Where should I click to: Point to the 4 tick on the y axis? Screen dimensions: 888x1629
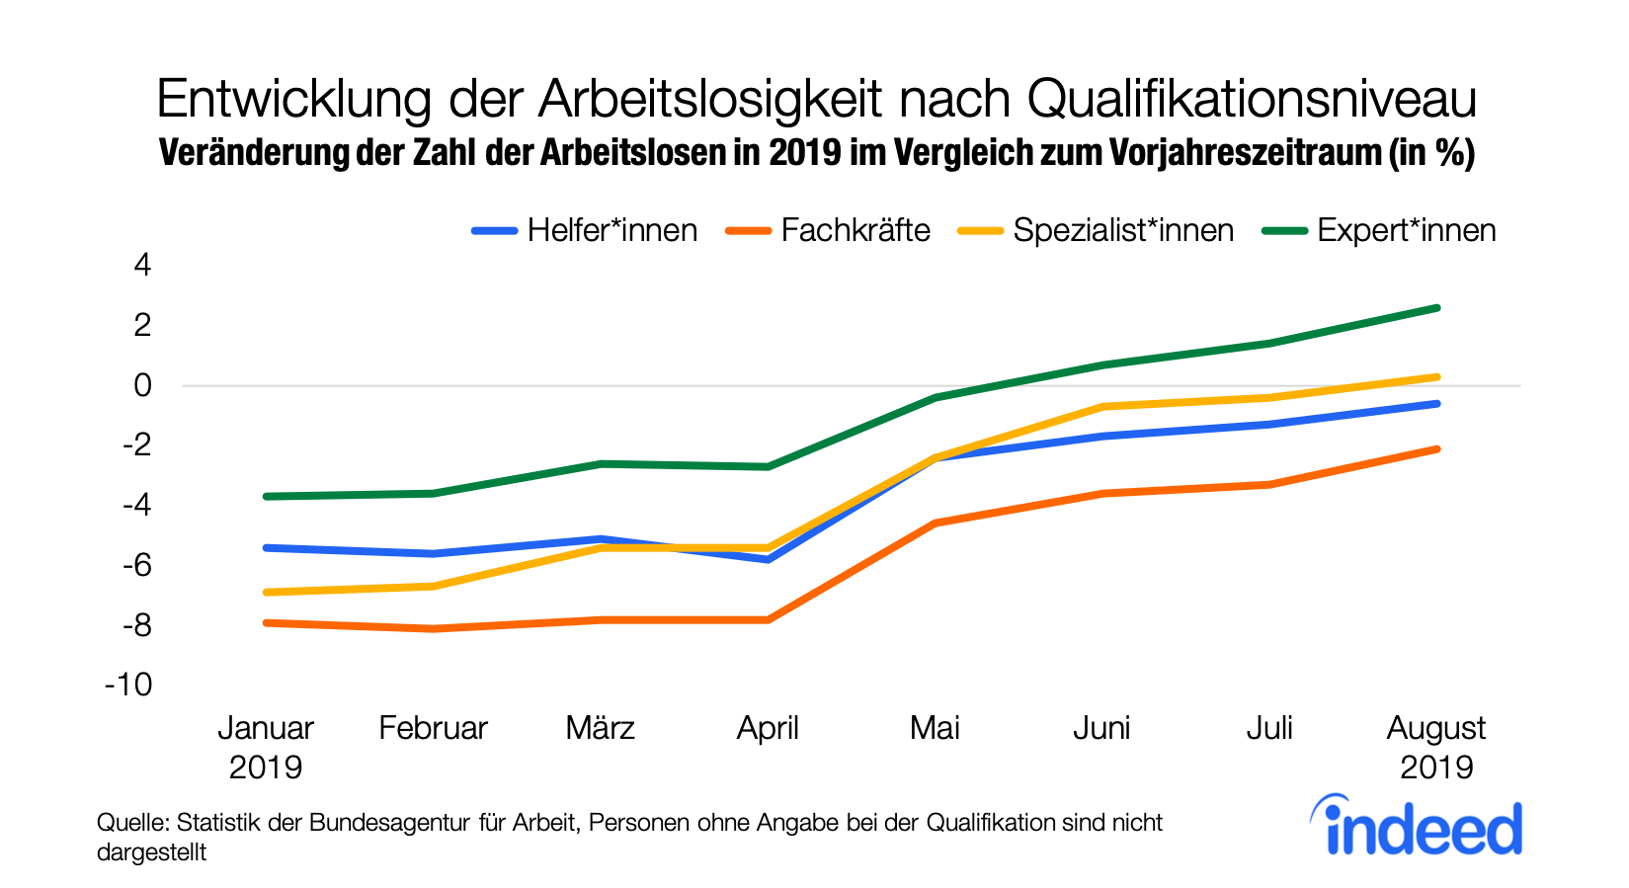point(143,265)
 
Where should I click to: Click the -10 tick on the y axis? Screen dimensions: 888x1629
point(129,685)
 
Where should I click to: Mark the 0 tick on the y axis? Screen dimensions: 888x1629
point(143,385)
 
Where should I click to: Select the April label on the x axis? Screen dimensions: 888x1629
point(768,728)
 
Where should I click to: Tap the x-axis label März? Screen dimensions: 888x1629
point(600,728)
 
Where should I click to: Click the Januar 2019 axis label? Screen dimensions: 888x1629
point(265,747)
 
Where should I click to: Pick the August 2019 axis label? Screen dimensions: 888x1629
point(1435,747)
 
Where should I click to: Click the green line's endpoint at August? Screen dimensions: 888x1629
point(1436,308)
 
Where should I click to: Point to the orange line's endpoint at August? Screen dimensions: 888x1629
point(1436,449)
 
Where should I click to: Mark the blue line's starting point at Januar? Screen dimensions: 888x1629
point(267,547)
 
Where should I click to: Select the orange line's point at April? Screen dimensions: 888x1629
point(768,619)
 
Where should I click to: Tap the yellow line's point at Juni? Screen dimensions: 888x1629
point(1101,406)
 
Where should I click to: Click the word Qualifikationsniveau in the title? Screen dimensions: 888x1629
point(1252,99)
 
